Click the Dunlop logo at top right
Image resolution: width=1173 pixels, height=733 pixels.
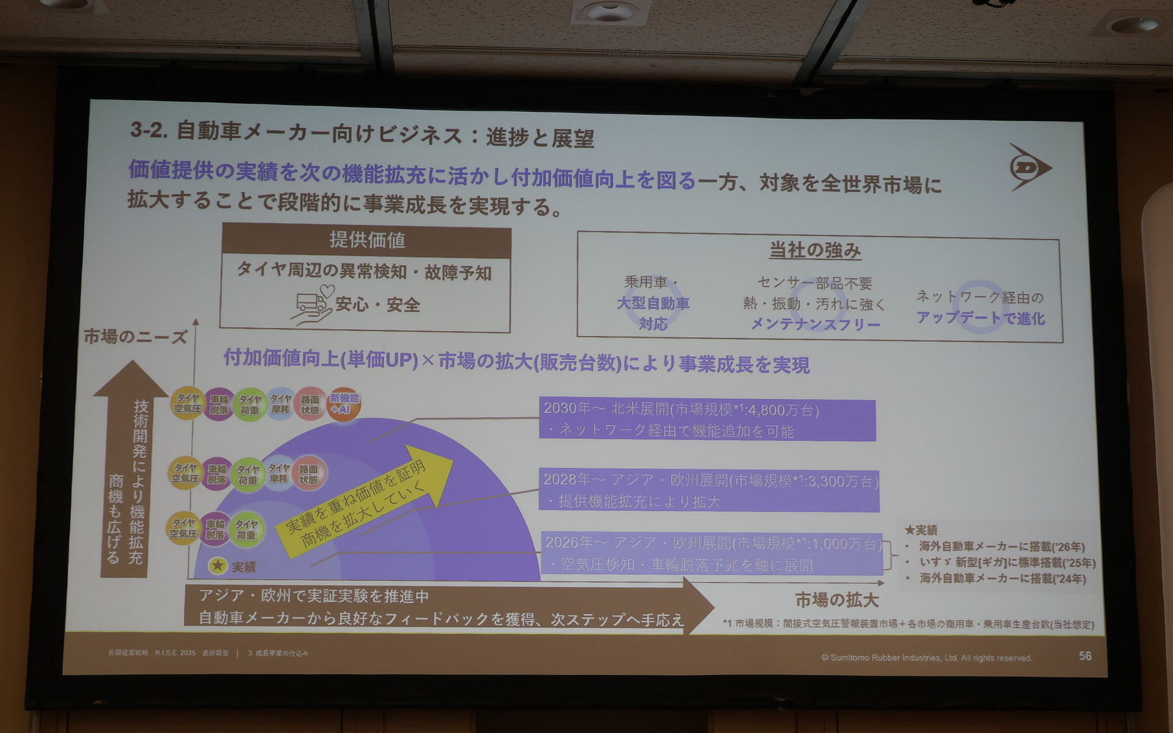tap(1029, 167)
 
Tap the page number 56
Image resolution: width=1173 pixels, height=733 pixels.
tap(1085, 655)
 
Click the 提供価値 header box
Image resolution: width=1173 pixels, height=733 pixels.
tap(367, 240)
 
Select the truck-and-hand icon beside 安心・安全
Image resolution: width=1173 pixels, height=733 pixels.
tap(313, 304)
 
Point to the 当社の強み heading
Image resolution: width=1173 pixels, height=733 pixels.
tap(815, 250)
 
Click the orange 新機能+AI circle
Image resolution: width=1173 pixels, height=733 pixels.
tap(344, 404)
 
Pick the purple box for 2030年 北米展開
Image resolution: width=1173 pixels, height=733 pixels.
tap(707, 420)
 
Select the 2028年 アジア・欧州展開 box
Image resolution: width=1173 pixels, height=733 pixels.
tap(709, 490)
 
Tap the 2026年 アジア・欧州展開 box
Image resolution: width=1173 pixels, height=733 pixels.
tap(712, 553)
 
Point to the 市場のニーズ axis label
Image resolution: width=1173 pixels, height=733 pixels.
tap(135, 337)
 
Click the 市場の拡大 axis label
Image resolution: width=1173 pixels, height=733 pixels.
tap(836, 600)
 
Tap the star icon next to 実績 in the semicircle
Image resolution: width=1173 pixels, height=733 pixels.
tap(218, 566)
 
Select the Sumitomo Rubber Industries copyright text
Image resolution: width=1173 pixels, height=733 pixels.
tap(926, 658)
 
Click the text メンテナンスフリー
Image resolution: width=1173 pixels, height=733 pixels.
tap(815, 324)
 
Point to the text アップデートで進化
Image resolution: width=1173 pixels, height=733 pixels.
tap(980, 318)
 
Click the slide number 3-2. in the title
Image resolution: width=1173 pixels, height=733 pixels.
tap(148, 130)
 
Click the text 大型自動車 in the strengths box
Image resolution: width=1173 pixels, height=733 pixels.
tap(652, 303)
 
